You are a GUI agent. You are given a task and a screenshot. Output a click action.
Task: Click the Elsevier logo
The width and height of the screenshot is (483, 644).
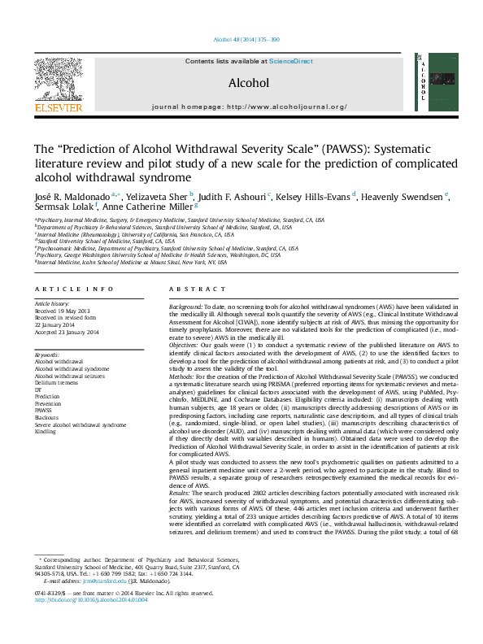click(x=58, y=85)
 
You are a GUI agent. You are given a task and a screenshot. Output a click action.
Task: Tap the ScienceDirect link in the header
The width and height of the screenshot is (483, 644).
click(x=291, y=61)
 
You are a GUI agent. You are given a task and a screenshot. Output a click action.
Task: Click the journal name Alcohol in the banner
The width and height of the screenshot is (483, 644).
click(x=248, y=82)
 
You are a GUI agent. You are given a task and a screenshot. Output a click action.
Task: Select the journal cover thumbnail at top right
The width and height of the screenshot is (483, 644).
click(x=431, y=83)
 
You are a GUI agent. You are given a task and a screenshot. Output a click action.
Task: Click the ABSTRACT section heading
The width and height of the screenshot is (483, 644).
click(x=192, y=289)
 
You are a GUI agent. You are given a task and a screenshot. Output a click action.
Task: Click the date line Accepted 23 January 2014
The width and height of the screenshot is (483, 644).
click(x=66, y=333)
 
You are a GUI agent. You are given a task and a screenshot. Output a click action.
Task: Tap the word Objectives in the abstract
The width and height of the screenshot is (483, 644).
click(x=185, y=344)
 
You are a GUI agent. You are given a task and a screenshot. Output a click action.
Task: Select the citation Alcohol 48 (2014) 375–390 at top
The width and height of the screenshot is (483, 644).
click(x=246, y=39)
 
